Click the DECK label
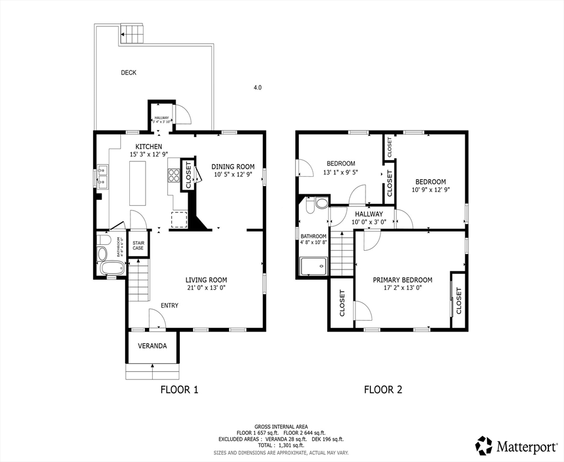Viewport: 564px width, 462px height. click(129, 73)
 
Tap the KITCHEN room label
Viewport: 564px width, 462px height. click(148, 147)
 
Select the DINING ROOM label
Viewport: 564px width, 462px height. click(234, 167)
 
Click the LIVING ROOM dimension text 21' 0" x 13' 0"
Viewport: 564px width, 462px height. click(206, 288)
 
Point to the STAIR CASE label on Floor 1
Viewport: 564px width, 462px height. click(138, 245)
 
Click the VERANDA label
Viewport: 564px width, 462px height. click(152, 346)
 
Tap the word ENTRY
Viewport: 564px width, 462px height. click(170, 306)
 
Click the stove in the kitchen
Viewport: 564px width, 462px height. click(174, 175)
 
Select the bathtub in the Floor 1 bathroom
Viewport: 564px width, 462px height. click(111, 268)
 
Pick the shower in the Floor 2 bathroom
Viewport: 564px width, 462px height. click(313, 265)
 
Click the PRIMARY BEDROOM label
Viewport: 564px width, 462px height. click(402, 280)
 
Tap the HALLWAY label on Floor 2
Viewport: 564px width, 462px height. click(369, 214)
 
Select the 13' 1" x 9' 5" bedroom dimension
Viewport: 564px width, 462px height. click(341, 171)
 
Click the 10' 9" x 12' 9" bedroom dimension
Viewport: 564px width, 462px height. click(430, 189)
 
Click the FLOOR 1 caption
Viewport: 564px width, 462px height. click(179, 390)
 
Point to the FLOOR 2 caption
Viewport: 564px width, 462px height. click(383, 390)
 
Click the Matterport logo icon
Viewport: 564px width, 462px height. click(484, 446)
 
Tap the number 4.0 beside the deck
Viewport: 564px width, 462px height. click(257, 88)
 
